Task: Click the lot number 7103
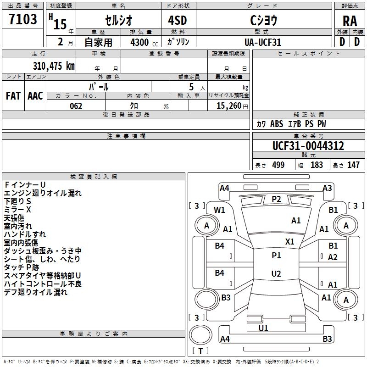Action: (x=23, y=20)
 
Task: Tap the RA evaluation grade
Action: (x=350, y=21)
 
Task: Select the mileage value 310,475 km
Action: (x=54, y=66)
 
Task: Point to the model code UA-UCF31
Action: (x=263, y=42)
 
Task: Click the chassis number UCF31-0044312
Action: (x=308, y=146)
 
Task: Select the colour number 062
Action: (x=76, y=106)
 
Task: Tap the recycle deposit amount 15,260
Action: (x=229, y=106)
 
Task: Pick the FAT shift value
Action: (x=13, y=96)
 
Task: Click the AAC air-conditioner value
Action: (x=35, y=96)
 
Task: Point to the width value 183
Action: (x=317, y=165)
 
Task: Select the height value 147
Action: (x=353, y=165)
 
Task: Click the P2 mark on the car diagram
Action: (x=276, y=199)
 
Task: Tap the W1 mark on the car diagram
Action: (x=220, y=210)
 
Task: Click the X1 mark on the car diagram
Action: (x=290, y=241)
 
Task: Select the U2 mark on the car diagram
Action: (x=276, y=273)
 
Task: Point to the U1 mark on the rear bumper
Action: (x=263, y=328)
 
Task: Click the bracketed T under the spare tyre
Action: (x=200, y=351)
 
